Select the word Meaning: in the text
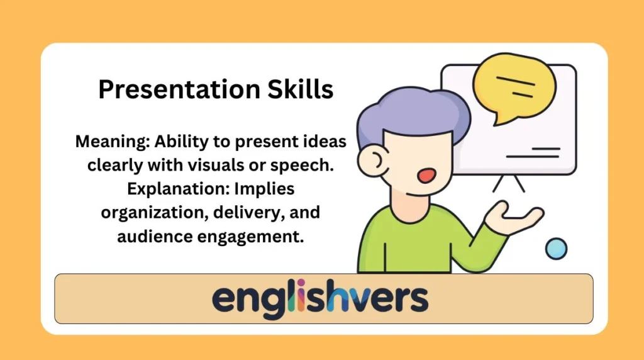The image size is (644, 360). click(x=111, y=142)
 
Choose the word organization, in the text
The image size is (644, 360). click(x=151, y=212)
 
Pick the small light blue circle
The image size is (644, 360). click(x=556, y=248)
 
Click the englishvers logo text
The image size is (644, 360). click(x=320, y=298)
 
